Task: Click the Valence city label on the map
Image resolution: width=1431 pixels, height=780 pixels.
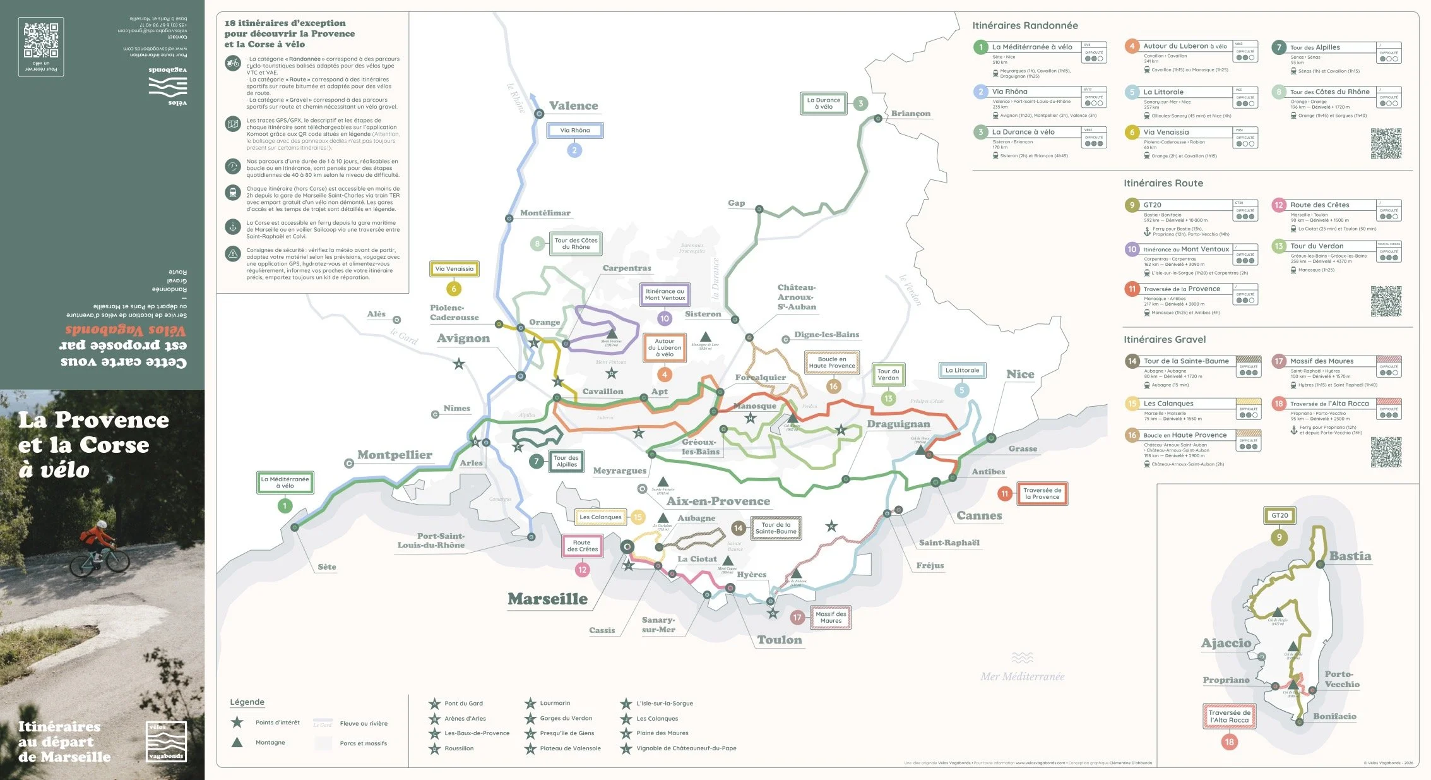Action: (x=573, y=106)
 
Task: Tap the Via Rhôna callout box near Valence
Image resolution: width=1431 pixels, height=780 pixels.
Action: (x=574, y=131)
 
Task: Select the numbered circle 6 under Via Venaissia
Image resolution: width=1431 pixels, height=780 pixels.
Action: (x=453, y=289)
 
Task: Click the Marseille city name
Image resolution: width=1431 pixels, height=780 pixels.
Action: (x=547, y=599)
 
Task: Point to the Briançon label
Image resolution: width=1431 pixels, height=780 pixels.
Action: (x=910, y=114)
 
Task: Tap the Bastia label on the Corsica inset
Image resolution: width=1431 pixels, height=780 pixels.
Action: (x=1350, y=556)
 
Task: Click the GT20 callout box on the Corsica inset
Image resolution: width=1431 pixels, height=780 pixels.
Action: (x=1280, y=515)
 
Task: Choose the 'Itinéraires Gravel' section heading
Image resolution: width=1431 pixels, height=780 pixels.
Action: (x=1164, y=340)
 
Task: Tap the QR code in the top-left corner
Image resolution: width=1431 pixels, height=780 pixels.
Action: (x=41, y=39)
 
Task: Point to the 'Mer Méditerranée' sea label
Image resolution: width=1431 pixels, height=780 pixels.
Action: (x=1022, y=676)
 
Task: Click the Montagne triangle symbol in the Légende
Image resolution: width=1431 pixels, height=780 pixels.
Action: (x=237, y=742)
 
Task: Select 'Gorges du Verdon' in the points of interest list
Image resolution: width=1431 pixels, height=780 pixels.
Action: (x=566, y=718)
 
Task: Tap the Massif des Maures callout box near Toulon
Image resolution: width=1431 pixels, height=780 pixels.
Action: (x=830, y=617)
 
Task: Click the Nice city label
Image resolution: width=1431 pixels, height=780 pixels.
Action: (x=1020, y=375)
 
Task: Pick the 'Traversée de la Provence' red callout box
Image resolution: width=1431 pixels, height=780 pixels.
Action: (x=1042, y=493)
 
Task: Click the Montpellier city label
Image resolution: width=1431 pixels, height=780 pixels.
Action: (x=395, y=455)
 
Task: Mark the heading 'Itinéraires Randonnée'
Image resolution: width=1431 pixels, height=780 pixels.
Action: (x=1024, y=26)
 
